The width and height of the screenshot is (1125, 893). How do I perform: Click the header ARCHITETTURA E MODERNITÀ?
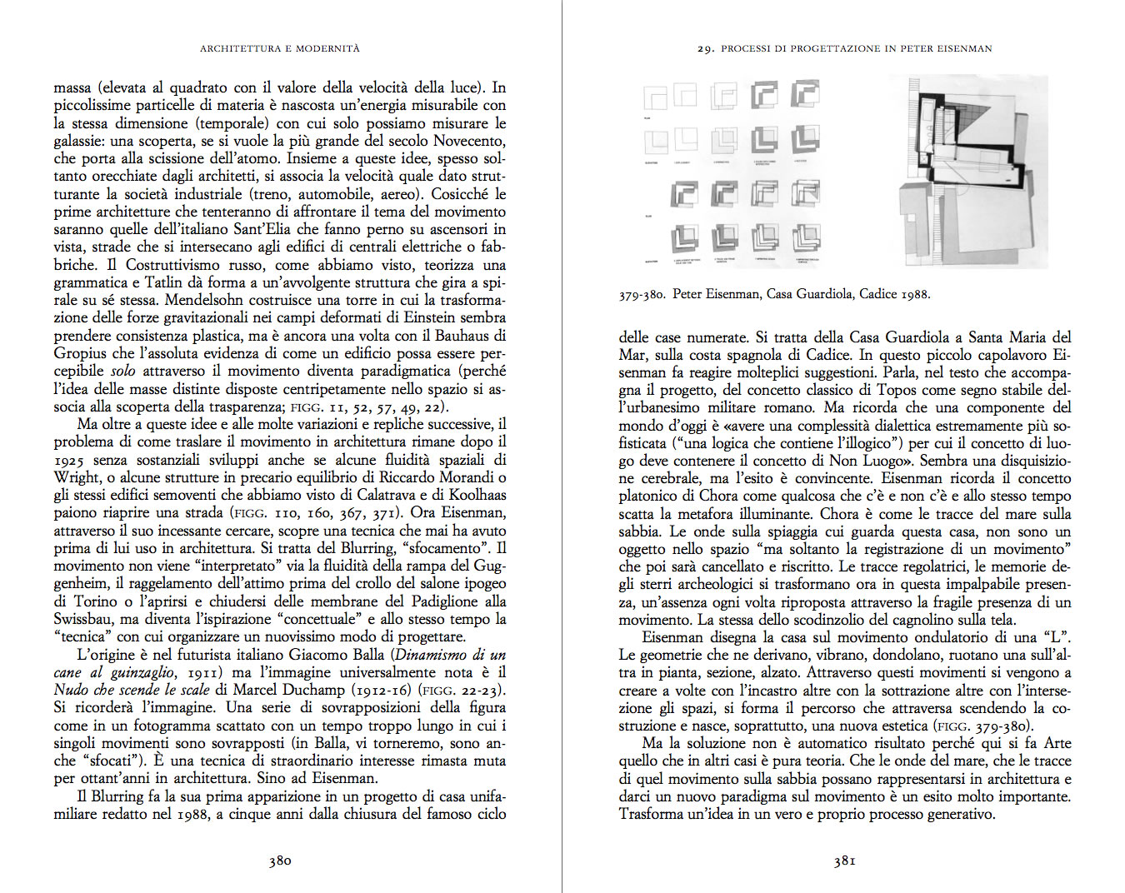pyautogui.click(x=279, y=48)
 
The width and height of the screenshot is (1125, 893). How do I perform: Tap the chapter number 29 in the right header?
pyautogui.click(x=705, y=48)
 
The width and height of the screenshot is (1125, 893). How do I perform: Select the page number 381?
pyautogui.click(x=844, y=861)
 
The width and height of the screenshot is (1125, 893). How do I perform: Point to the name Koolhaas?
pyautogui.click(x=477, y=495)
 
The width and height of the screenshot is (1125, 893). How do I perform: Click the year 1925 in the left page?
pyautogui.click(x=69, y=460)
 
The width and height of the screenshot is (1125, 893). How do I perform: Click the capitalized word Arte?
pyautogui.click(x=1056, y=743)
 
